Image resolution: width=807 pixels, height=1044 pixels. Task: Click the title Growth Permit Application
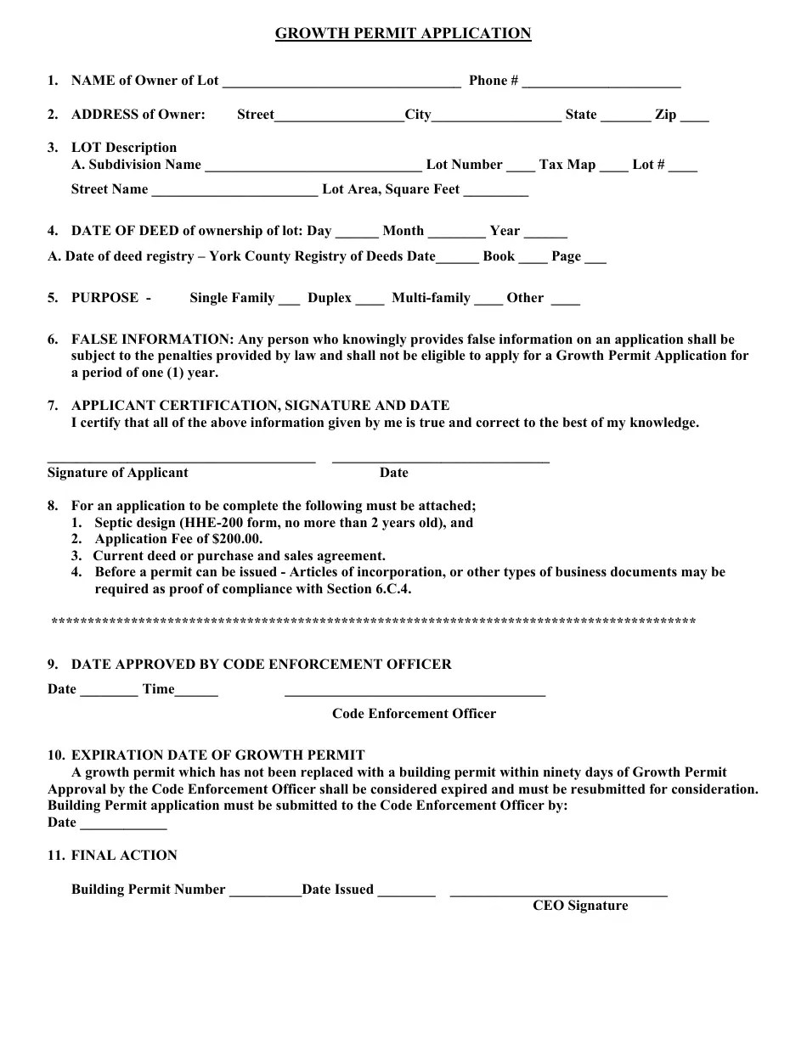(403, 34)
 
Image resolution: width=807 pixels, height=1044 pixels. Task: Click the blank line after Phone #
(601, 83)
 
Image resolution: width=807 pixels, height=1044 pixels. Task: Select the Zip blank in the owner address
(694, 117)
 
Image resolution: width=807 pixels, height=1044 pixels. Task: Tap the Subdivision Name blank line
(313, 167)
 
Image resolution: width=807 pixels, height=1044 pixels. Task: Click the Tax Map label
(567, 165)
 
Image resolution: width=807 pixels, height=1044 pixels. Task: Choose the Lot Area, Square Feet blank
(496, 192)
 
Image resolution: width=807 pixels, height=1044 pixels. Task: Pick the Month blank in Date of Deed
(456, 233)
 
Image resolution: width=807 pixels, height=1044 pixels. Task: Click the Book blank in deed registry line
(533, 259)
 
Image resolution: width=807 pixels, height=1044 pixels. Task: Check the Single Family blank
(289, 300)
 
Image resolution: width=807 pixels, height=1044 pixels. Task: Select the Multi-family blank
(488, 300)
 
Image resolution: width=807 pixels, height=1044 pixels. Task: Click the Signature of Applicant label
(118, 473)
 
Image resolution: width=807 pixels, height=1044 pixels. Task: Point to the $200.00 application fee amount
(237, 539)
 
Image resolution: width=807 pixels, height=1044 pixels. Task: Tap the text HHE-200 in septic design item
(201, 523)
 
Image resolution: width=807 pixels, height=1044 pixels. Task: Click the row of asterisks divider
(374, 622)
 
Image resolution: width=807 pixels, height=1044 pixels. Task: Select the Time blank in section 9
(196, 692)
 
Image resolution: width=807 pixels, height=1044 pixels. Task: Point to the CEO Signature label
(580, 906)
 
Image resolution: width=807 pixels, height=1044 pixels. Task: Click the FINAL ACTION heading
(124, 856)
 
